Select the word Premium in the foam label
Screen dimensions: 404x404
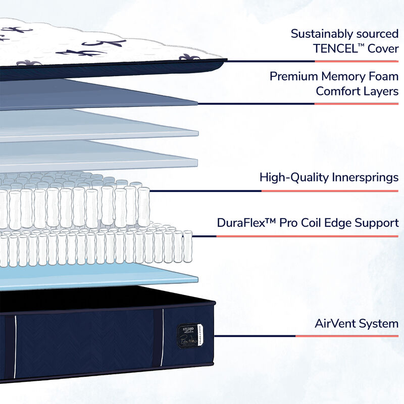pyautogui.click(x=293, y=77)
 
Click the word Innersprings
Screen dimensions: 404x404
pyautogui.click(x=363, y=177)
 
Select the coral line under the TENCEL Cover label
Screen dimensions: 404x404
pyautogui.click(x=357, y=61)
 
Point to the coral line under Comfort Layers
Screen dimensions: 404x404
pyautogui.click(x=357, y=104)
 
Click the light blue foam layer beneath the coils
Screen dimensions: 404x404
pyautogui.click(x=101, y=276)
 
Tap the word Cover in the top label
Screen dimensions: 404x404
pyautogui.click(x=384, y=49)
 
